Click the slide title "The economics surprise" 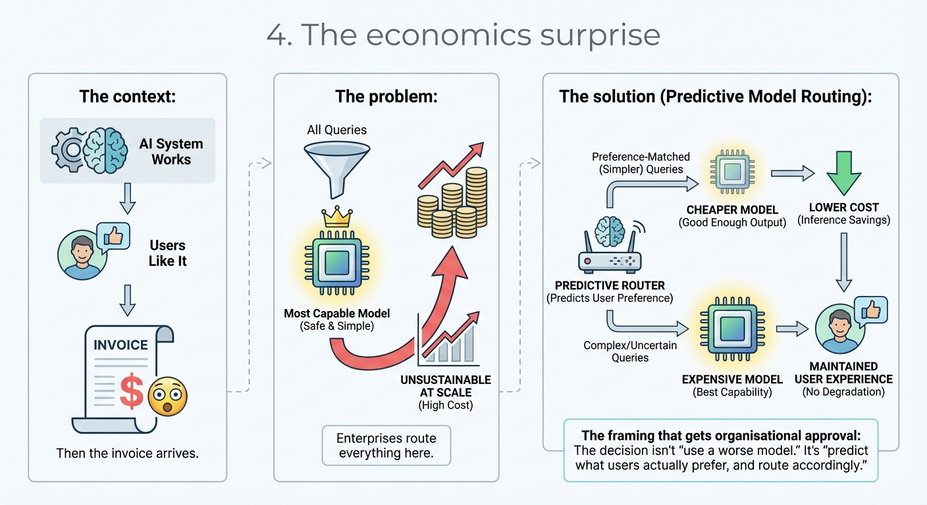click(463, 35)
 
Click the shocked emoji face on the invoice click(167, 397)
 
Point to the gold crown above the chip click(336, 218)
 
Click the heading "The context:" click(127, 97)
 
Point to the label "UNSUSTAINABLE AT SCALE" click(445, 386)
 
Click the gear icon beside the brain click(70, 151)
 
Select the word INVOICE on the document click(120, 345)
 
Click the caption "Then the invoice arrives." click(127, 453)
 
